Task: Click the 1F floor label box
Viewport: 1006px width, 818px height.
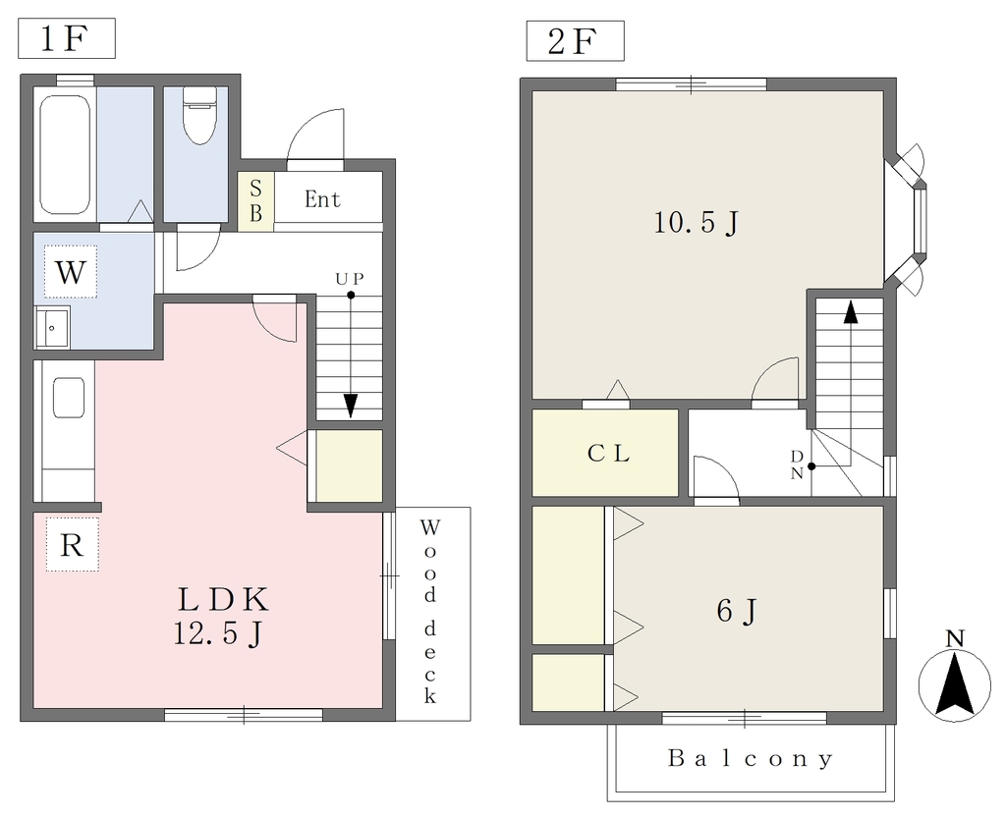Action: [x=67, y=38]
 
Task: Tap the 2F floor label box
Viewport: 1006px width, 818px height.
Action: [x=575, y=41]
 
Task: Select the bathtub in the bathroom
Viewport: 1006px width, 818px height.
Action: [x=64, y=154]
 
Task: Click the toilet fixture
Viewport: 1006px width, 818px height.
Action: [x=199, y=116]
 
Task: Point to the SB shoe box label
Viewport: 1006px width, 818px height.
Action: [x=256, y=200]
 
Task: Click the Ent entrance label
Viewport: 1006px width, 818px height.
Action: [x=322, y=199]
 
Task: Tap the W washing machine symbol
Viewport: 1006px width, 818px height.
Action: [x=71, y=272]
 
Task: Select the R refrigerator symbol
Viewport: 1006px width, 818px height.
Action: [x=72, y=545]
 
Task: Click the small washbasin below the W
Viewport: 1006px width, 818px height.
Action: [x=52, y=328]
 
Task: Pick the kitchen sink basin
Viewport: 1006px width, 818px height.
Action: [x=69, y=398]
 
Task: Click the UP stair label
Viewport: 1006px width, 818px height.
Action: [x=350, y=279]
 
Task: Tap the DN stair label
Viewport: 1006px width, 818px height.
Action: [x=797, y=465]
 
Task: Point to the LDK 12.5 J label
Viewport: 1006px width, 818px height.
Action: [x=221, y=617]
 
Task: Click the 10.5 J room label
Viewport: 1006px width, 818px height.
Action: [x=697, y=223]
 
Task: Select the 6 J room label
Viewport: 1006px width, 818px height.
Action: [x=737, y=611]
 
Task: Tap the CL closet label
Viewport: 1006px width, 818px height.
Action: [x=608, y=454]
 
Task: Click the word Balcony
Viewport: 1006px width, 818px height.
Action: [x=751, y=759]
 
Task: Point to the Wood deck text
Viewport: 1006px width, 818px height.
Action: [x=430, y=612]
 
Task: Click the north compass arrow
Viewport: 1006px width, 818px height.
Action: [x=955, y=682]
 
